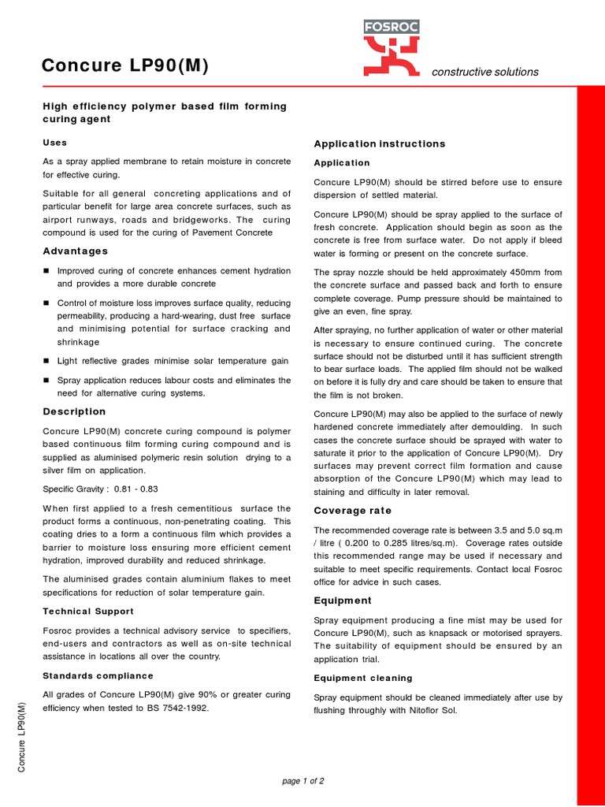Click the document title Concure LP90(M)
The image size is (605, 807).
[x=125, y=67]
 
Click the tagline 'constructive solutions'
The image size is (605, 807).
[x=485, y=72]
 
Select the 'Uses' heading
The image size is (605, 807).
[x=54, y=143]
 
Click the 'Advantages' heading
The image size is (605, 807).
[x=75, y=251]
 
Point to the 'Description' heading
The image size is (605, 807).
[x=74, y=411]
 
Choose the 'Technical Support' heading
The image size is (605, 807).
[x=88, y=612]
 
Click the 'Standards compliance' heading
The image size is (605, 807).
[x=98, y=676]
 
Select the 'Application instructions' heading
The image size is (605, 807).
[x=379, y=143]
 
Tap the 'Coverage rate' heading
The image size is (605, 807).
[x=352, y=511]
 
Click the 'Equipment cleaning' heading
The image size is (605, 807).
[x=362, y=678]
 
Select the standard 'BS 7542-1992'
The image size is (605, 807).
[x=176, y=708]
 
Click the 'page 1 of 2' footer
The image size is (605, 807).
[x=302, y=781]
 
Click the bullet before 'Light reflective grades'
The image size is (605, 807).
[x=46, y=361]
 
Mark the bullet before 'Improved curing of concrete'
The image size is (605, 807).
[x=46, y=271]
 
